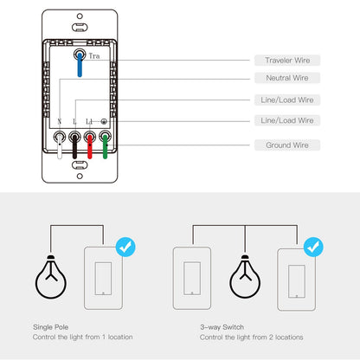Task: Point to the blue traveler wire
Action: coord(80,67)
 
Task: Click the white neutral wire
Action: coord(59,149)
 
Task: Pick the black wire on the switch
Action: coord(74,149)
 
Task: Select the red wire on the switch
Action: coord(89,149)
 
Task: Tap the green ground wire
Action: coord(105,149)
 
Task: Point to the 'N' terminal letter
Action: coord(59,122)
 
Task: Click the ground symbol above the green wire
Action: coord(105,122)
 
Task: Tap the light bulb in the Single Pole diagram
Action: coord(51,276)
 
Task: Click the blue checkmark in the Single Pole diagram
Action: coord(124,248)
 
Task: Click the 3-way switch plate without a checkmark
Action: coord(192,277)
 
